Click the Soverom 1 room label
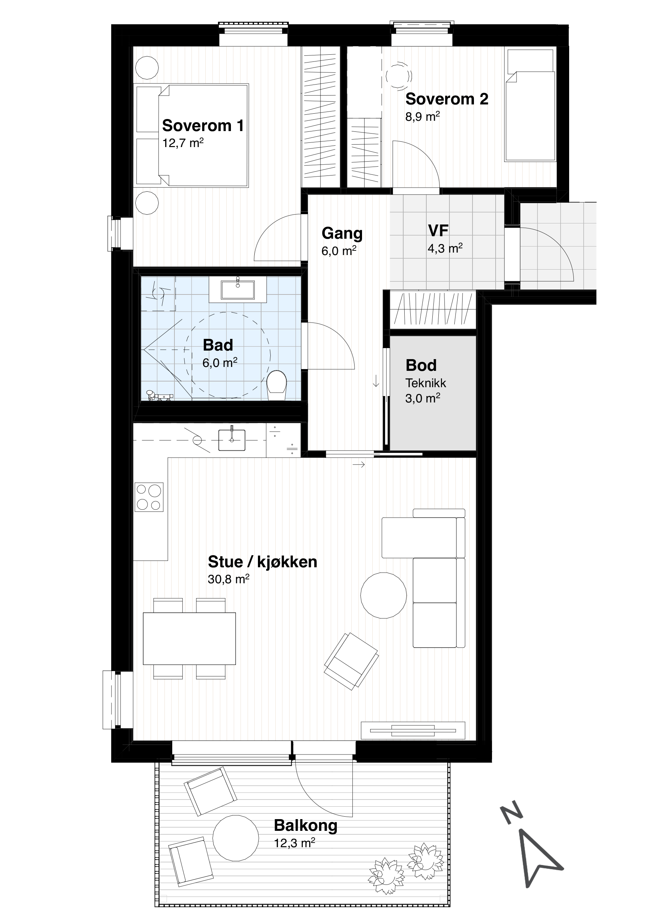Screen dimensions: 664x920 click(x=203, y=126)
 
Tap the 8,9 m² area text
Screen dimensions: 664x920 click(x=423, y=117)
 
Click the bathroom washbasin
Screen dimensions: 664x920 click(x=238, y=289)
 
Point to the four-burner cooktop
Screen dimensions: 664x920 click(x=149, y=497)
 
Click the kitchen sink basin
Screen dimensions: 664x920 click(x=232, y=440)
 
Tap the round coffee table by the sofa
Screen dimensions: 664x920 click(x=383, y=595)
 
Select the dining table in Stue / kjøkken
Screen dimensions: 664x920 click(x=189, y=638)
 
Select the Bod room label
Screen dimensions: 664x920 click(x=421, y=366)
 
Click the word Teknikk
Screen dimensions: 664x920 click(x=426, y=383)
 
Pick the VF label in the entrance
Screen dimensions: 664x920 click(x=438, y=231)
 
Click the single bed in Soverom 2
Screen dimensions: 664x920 click(x=530, y=105)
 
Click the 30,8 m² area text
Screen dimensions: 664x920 click(x=228, y=579)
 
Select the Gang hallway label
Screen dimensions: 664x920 click(x=342, y=234)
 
